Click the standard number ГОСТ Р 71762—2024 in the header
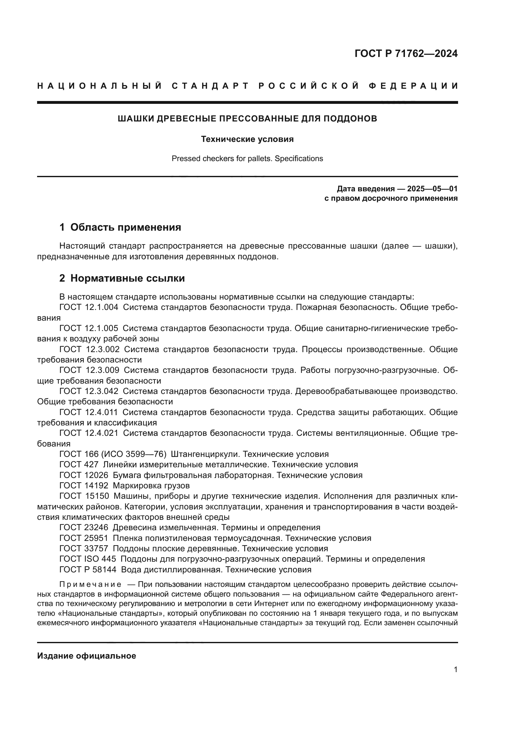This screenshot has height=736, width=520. tap(406, 53)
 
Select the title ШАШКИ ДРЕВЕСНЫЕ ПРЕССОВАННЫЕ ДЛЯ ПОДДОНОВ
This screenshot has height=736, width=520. tap(247, 119)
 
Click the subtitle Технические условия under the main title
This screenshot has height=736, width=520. tap(247, 139)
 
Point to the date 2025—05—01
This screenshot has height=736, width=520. tap(432, 188)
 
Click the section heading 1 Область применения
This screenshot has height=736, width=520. tap(120, 227)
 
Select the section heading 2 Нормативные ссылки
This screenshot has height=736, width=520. tap(122, 278)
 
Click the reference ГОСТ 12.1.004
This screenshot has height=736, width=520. tap(89, 307)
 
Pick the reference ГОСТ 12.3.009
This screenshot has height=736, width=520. tap(89, 370)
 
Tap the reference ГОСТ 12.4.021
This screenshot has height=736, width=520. tap(89, 433)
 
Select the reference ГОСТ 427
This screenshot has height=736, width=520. tap(79, 464)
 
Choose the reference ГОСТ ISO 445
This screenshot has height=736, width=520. tap(87, 559)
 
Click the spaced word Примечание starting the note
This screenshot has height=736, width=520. tap(90, 584)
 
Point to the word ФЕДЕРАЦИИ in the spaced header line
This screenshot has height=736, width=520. tap(413, 86)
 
